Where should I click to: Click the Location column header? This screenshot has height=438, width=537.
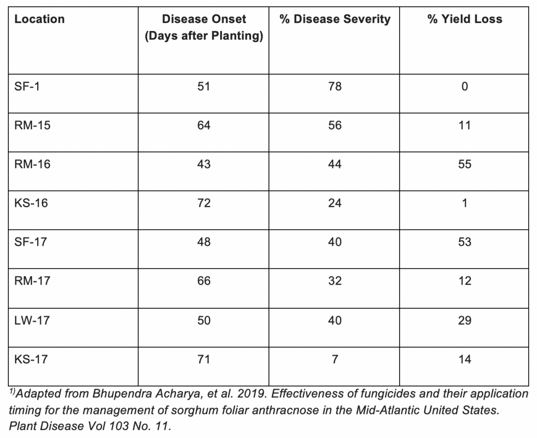[x=39, y=19]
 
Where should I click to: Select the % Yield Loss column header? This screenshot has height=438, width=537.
[x=465, y=19]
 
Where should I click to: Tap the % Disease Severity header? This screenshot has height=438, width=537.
[x=335, y=19]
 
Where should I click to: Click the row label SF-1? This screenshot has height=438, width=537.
[x=27, y=87]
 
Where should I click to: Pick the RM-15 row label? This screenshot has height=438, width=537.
[x=32, y=126]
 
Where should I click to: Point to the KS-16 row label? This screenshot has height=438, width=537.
[x=31, y=203]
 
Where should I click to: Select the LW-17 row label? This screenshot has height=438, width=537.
[x=32, y=321]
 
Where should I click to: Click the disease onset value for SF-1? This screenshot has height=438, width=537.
[x=203, y=87]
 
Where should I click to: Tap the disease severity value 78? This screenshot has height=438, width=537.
[x=335, y=87]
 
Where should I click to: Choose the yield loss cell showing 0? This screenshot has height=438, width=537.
[x=465, y=87]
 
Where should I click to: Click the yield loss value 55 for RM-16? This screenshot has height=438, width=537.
[x=465, y=164]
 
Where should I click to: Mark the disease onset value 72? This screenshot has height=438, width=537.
[x=204, y=203]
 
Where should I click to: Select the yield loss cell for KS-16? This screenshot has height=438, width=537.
[x=465, y=203]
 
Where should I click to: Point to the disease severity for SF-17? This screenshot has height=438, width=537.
[x=335, y=242]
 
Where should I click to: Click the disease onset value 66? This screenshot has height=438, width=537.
[x=204, y=281]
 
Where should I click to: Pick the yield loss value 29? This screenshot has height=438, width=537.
[x=465, y=321]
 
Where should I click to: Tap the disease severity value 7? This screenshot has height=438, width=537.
[x=335, y=359]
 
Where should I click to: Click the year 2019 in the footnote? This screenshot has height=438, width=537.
[x=252, y=394]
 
